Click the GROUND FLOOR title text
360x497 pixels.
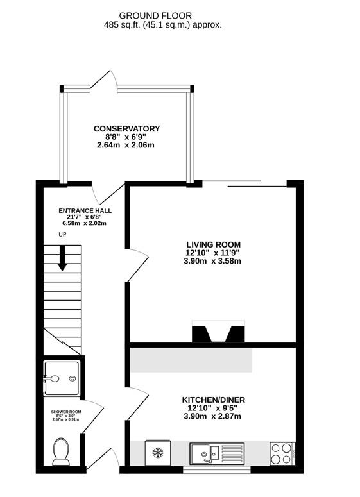[x=155, y=15]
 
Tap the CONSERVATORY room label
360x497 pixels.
[x=126, y=129]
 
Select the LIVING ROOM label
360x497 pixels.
[x=214, y=245]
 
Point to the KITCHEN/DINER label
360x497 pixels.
[x=214, y=400]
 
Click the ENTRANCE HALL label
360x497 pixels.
[x=85, y=211]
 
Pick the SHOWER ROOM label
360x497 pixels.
[x=66, y=412]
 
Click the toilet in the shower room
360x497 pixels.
[x=61, y=451]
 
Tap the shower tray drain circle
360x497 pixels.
[x=73, y=378]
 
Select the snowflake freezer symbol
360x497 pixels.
[x=158, y=452]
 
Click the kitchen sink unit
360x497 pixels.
[x=217, y=453]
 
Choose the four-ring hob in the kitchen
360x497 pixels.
[x=282, y=453]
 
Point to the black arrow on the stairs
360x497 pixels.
[x=62, y=258]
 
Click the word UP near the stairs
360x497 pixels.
[x=62, y=235]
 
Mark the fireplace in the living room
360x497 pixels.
[x=218, y=332]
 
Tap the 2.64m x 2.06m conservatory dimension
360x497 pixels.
[x=125, y=145]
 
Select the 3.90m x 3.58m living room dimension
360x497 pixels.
[x=212, y=261]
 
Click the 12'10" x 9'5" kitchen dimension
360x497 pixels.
[x=212, y=409]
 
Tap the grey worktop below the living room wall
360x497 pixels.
[x=191, y=360]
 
